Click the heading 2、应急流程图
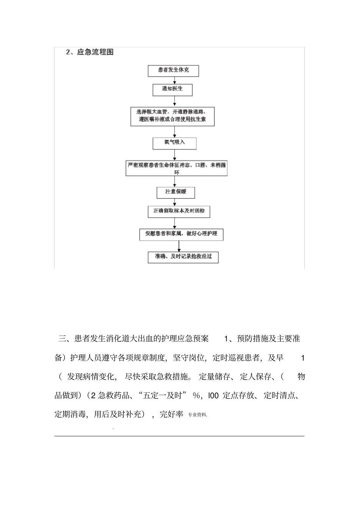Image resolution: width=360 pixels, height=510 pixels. click(x=90, y=52)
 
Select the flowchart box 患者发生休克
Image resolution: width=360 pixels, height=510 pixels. click(x=173, y=71)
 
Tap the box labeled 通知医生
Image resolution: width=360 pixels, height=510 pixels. click(x=172, y=89)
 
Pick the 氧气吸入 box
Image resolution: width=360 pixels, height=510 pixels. click(x=175, y=143)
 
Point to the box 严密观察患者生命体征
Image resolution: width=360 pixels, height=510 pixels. click(x=177, y=168)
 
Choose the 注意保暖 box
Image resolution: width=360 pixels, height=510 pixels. click(x=176, y=192)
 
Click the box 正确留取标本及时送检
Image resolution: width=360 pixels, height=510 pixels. click(x=179, y=211)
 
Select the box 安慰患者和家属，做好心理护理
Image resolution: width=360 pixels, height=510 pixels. click(x=181, y=234)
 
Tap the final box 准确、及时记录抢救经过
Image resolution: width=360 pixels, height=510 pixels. click(x=183, y=257)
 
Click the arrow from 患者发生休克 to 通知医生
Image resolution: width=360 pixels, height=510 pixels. click(x=175, y=80)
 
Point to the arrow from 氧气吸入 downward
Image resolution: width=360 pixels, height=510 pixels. click(x=175, y=155)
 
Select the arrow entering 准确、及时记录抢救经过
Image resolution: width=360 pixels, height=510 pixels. click(x=179, y=246)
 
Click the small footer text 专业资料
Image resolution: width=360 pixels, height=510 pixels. click(x=197, y=415)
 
